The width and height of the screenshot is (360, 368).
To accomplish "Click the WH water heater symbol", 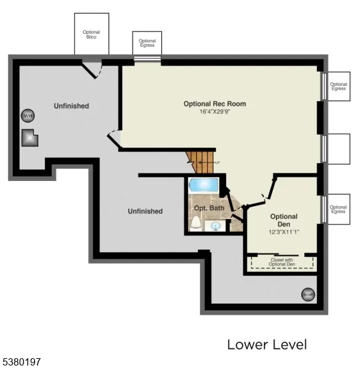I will [28, 115].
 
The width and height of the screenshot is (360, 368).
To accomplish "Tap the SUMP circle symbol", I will [308, 295].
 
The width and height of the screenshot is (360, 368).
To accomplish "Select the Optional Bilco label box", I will [91, 34].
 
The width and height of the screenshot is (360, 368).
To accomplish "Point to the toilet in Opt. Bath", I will [196, 223].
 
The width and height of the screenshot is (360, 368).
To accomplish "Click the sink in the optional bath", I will [216, 226].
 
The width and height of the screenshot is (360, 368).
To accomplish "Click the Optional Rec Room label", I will [215, 104].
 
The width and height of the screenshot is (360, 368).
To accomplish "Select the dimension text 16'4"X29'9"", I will [215, 112].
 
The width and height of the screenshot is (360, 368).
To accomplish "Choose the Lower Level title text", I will [267, 345].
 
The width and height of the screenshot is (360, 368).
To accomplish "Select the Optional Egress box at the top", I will [147, 44].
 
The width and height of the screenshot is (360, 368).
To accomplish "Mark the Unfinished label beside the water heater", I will [71, 106].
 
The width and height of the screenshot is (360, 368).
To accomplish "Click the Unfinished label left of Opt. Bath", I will [145, 211].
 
